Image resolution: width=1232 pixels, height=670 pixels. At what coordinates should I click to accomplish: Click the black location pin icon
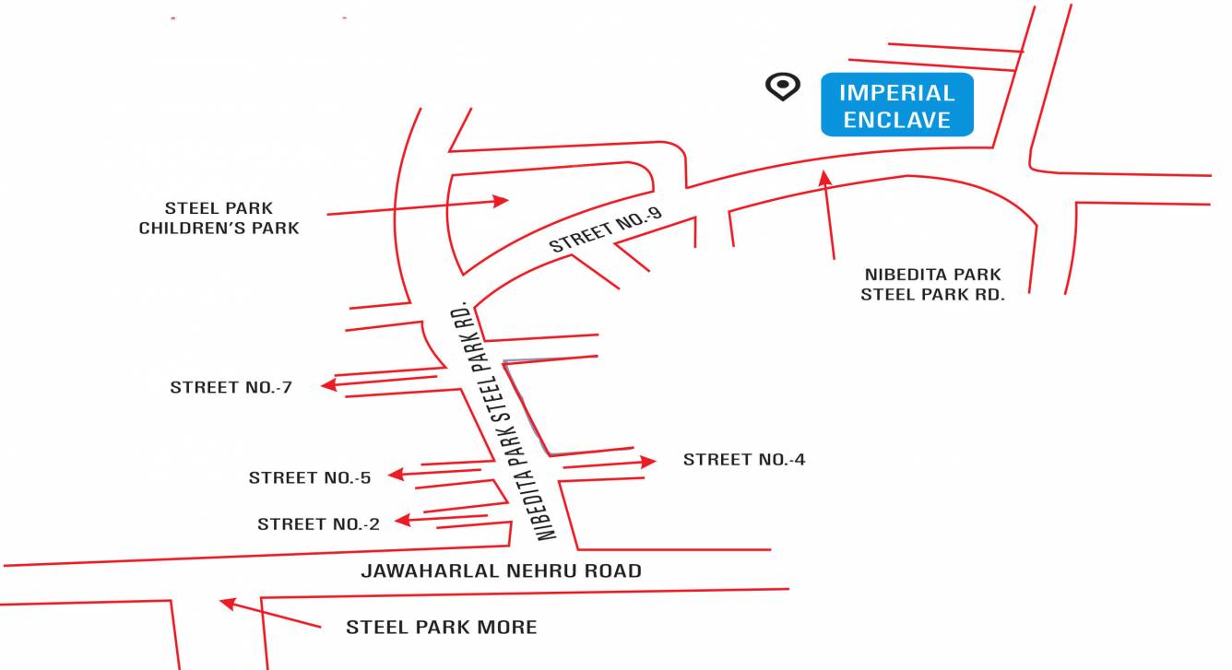pyautogui.click(x=782, y=87)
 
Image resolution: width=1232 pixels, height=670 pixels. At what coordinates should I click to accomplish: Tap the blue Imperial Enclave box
pyautogui.click(x=896, y=104)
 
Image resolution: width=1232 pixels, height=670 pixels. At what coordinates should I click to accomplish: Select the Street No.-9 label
pyautogui.click(x=606, y=230)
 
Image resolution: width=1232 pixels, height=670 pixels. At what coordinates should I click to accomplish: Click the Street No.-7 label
pyautogui.click(x=231, y=388)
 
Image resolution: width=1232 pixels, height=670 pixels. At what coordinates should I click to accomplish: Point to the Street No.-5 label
pyautogui.click(x=310, y=477)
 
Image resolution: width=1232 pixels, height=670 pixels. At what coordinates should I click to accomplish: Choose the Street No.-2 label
pyautogui.click(x=318, y=524)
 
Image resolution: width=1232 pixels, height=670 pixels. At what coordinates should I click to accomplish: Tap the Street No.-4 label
pyautogui.click(x=744, y=459)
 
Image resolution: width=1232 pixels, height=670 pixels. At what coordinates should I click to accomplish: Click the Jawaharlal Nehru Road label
pyautogui.click(x=501, y=571)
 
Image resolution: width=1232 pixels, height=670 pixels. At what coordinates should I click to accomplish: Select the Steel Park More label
pyautogui.click(x=441, y=628)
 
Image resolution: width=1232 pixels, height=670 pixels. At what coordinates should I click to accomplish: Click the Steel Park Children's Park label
pyautogui.click(x=219, y=218)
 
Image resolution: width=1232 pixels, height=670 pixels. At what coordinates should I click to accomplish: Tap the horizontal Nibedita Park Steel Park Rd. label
pyautogui.click(x=932, y=285)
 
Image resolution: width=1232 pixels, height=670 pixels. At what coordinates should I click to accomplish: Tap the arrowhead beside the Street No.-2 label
pyautogui.click(x=402, y=521)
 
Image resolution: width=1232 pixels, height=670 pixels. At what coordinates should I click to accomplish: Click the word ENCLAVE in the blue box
pyautogui.click(x=896, y=120)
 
